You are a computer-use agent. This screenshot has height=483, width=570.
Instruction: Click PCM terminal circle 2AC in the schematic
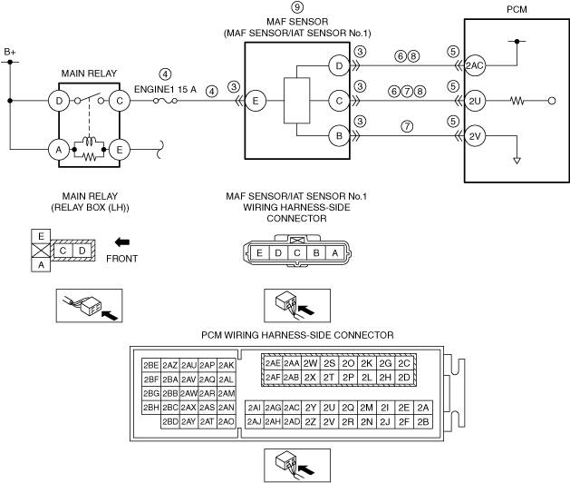pos(475,65)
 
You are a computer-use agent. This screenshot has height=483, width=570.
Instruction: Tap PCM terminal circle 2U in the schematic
pos(475,101)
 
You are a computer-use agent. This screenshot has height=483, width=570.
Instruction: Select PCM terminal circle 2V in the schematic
pos(475,136)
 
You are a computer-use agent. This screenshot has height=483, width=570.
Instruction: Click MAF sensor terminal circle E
pos(256,101)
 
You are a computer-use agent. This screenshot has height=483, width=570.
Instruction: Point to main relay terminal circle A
pos(59,149)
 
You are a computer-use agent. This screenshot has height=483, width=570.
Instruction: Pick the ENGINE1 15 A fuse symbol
pos(165,101)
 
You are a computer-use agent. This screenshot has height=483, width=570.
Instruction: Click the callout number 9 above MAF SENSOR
pos(297,7)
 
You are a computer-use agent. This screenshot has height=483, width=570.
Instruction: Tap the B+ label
pos(10,52)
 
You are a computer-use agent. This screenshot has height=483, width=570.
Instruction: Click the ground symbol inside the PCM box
pos(517,161)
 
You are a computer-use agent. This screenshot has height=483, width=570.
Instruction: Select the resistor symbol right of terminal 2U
pos(517,101)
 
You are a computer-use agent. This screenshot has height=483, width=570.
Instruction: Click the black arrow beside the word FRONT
pos(122,241)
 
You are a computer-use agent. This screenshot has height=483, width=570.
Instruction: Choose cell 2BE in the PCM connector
pos(151,365)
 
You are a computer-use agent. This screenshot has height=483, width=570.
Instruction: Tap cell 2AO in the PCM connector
pos(227,421)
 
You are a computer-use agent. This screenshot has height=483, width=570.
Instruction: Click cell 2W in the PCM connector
pos(311,363)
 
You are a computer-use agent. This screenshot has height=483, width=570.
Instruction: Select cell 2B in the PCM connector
pos(423,422)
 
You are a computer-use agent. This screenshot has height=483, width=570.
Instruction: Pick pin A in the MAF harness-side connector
pos(334,252)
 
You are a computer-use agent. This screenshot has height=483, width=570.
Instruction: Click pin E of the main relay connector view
pos(41,236)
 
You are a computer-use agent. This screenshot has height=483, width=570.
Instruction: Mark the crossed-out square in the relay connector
pos(41,251)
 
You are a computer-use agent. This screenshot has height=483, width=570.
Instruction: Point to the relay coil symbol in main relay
pos(89,141)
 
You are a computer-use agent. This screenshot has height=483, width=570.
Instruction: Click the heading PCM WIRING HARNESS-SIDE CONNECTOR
pos(297,335)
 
